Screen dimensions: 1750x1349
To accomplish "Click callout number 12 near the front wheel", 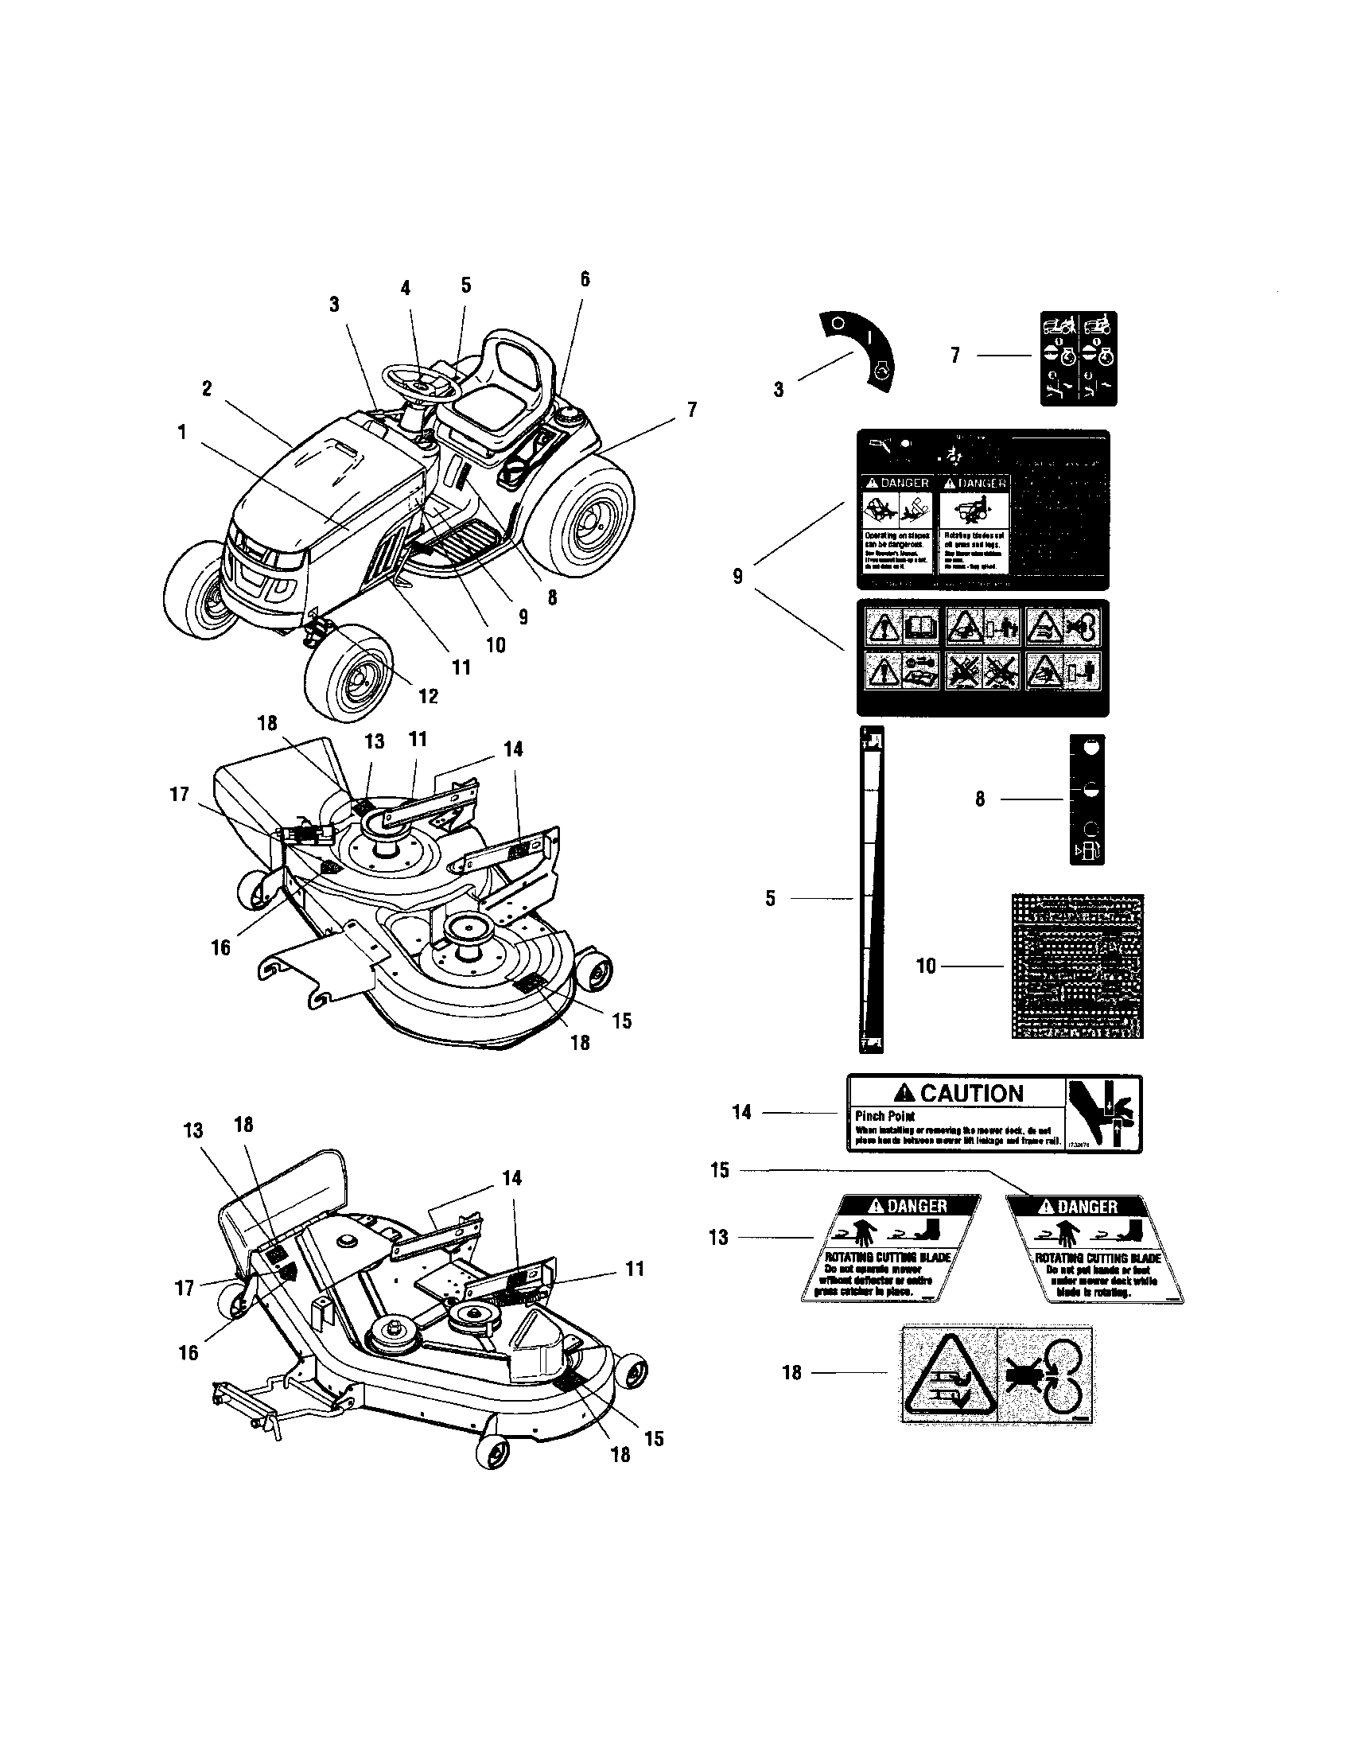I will (429, 695).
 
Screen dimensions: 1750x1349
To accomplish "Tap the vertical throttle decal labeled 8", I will (1087, 799).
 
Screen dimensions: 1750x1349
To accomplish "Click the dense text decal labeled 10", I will (1078, 966).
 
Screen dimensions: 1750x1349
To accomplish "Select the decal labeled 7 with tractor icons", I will (1079, 358).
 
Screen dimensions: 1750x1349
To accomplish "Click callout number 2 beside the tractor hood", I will (207, 389).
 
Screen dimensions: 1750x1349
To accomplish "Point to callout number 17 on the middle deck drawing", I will (180, 794).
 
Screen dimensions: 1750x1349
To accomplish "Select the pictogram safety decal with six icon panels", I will (983, 657).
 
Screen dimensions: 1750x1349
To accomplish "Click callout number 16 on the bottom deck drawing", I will (189, 1351).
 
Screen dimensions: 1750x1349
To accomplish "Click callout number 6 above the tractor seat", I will (585, 279).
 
